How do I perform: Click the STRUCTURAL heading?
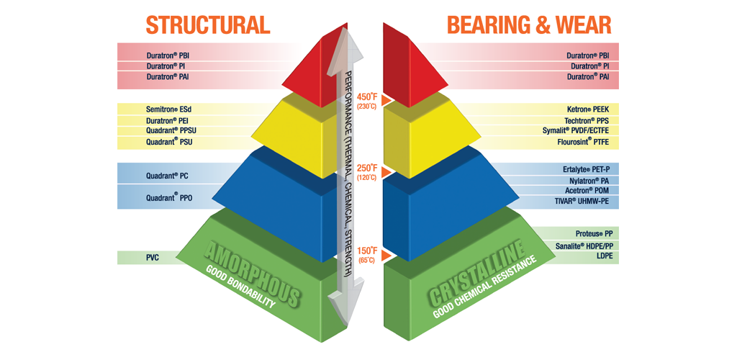tap(207, 24)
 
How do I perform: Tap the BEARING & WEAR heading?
tap(529, 24)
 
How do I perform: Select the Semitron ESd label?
tap(168, 109)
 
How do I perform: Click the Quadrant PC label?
tap(167, 175)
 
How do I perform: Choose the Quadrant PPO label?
tap(168, 197)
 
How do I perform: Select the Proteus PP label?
tap(594, 234)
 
